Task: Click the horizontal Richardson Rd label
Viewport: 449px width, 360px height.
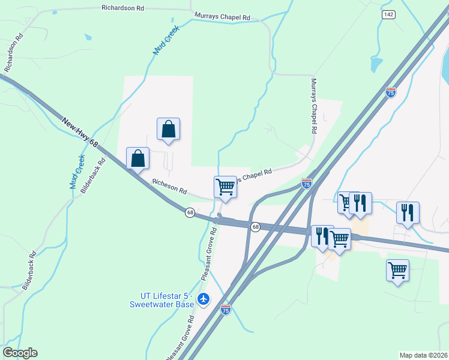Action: pyautogui.click(x=123, y=8)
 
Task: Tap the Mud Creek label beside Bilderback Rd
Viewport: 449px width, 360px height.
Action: pyautogui.click(x=77, y=172)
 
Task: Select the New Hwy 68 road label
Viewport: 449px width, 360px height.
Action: pyautogui.click(x=79, y=133)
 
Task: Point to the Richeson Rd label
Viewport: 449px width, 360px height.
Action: pyautogui.click(x=170, y=188)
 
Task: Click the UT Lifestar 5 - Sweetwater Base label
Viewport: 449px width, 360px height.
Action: pyautogui.click(x=162, y=299)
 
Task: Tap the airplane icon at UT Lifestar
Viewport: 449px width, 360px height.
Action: pyautogui.click(x=204, y=298)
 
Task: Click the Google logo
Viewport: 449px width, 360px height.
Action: pyautogui.click(x=20, y=353)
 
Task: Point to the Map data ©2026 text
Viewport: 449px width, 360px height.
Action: pyautogui.click(x=423, y=355)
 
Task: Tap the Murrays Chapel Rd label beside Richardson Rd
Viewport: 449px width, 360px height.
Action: pyautogui.click(x=222, y=17)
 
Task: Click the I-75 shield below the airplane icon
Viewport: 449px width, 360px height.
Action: pyautogui.click(x=225, y=310)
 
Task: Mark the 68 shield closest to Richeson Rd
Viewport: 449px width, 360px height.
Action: pyautogui.click(x=190, y=213)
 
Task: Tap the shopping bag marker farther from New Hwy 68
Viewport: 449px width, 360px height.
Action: pyautogui.click(x=169, y=128)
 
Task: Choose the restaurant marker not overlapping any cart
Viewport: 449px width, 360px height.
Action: pyautogui.click(x=408, y=212)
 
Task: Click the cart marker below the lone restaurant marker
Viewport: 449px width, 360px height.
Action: pyautogui.click(x=397, y=270)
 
